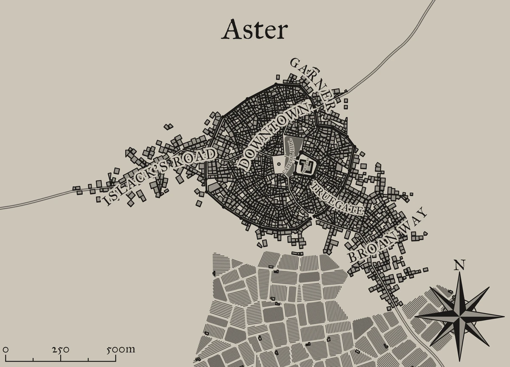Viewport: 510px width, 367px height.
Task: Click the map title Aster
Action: pos(255,30)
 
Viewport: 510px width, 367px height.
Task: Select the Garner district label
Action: pos(312,83)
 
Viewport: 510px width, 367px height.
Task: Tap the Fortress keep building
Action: pos(306,165)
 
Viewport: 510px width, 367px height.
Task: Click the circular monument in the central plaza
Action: pos(278,163)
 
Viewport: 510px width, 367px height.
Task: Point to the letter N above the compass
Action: pos(459,265)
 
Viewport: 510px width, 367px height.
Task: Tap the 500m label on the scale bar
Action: pos(120,350)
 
